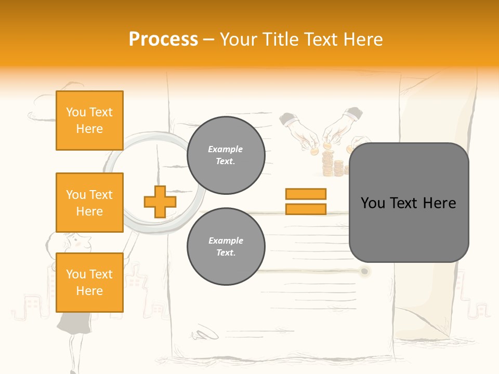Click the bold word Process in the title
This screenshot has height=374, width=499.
tap(163, 39)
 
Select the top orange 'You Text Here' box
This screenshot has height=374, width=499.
tap(89, 121)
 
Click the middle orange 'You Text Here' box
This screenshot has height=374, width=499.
tap(89, 203)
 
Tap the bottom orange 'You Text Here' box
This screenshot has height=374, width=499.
tap(89, 282)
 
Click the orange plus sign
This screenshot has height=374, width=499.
tap(160, 202)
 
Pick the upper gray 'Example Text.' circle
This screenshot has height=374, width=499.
tap(226, 155)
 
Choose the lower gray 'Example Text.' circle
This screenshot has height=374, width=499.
tap(226, 247)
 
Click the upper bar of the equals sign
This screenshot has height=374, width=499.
tap(306, 194)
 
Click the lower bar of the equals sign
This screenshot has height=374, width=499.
tap(306, 209)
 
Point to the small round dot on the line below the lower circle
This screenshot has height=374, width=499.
tap(365, 271)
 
